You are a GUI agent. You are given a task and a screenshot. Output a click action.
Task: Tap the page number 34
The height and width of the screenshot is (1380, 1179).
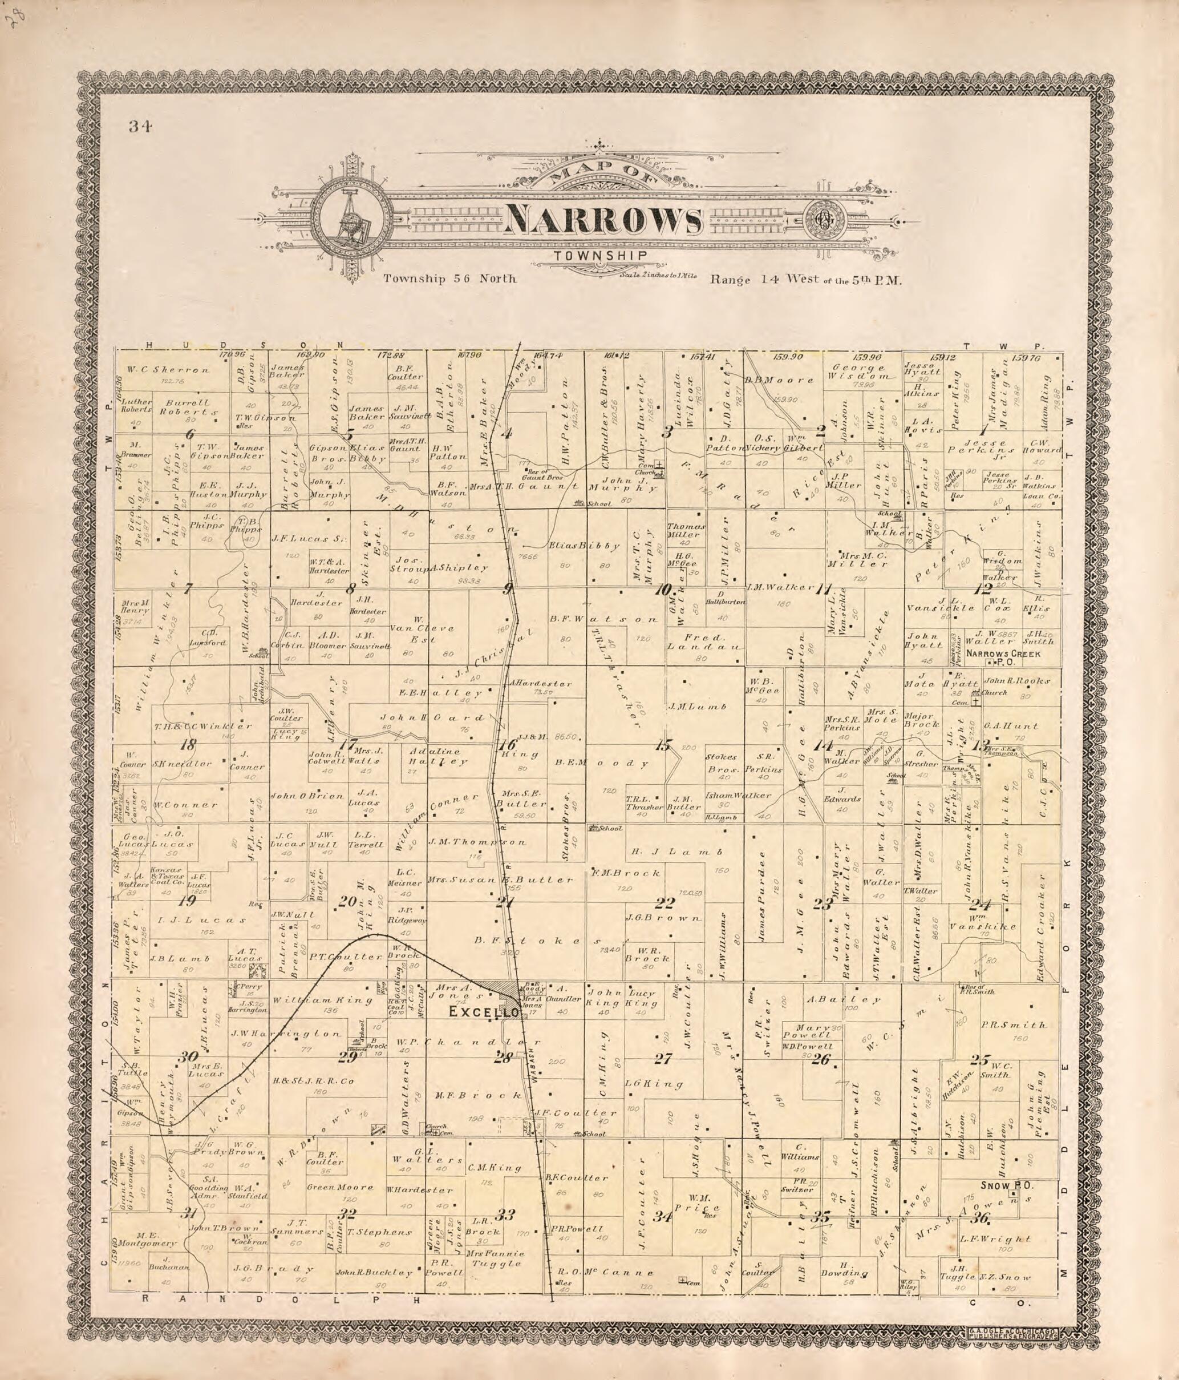pos(141,127)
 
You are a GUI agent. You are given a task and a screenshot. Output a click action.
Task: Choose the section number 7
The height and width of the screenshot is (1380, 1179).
pos(188,588)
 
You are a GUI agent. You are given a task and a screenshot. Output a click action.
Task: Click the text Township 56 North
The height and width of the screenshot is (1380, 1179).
pos(449,279)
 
